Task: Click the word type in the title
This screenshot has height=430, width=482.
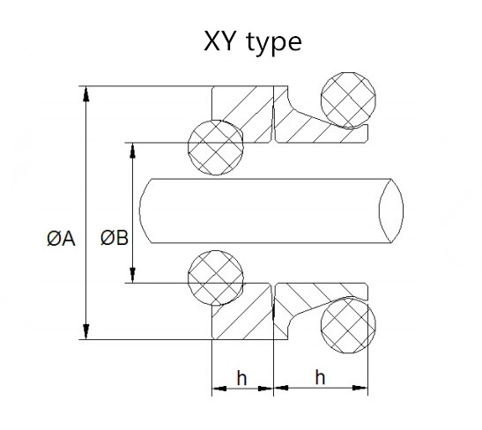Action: (274, 44)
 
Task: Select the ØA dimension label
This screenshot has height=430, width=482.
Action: (61, 239)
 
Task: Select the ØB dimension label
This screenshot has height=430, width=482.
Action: (114, 238)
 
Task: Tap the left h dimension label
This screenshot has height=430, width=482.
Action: (241, 378)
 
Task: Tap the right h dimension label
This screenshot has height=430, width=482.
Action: (320, 377)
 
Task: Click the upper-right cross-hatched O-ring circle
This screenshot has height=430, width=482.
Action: (348, 100)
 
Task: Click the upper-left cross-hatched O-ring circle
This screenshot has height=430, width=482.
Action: (216, 147)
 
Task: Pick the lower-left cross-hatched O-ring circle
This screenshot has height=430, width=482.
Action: (216, 278)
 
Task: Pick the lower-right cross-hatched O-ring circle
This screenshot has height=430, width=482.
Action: (348, 325)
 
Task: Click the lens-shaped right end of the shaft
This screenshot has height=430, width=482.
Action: (391, 211)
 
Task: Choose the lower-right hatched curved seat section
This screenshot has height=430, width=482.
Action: (308, 298)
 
